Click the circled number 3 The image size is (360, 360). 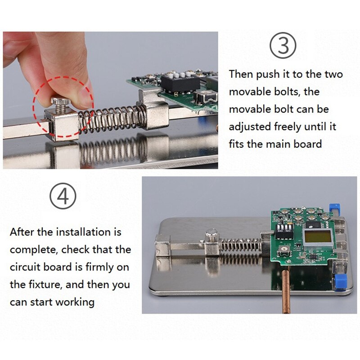tap(283, 45)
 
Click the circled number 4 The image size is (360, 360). tap(63, 196)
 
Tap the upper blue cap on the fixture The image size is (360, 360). tap(334, 208)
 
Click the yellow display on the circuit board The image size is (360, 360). tap(318, 237)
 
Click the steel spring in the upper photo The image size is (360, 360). tap(112, 119)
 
